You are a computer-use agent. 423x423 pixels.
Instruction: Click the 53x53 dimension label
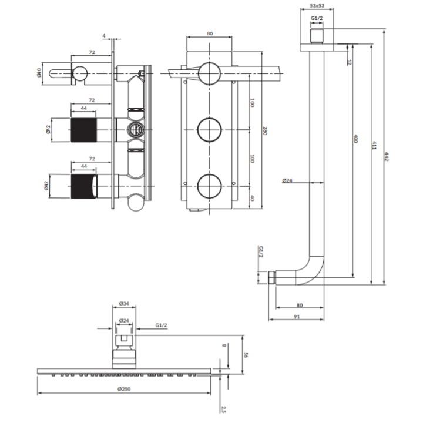317,5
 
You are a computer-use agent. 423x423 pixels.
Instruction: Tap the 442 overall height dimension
387,156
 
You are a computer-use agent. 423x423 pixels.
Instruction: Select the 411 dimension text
374,145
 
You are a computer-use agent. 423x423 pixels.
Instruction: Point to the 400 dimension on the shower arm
355,139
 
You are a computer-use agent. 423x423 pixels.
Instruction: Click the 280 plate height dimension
264,130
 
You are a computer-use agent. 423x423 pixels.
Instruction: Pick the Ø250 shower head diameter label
124,389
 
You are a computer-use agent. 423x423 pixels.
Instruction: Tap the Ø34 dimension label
124,304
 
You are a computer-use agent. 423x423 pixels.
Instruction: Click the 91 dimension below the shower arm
297,317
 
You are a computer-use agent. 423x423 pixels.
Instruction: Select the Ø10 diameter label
39,73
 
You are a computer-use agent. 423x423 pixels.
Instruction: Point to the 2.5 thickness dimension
223,409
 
